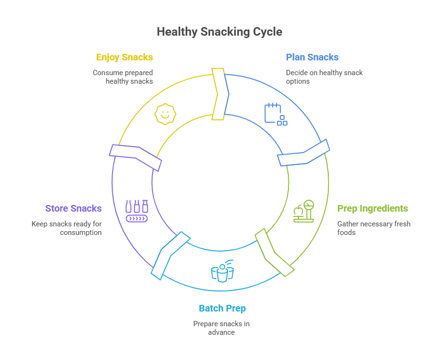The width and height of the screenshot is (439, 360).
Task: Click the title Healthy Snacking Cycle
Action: (219, 32)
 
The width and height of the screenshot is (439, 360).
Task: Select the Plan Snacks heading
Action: (312, 57)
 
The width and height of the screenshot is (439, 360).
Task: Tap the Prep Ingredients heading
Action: (372, 209)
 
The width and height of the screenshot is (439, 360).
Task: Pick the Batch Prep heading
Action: (222, 309)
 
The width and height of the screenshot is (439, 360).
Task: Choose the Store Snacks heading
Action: (73, 209)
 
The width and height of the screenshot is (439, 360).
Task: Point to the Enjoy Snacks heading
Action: (124, 57)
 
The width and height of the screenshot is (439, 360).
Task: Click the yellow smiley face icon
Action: (165, 114)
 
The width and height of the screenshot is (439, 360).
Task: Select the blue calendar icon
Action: (275, 114)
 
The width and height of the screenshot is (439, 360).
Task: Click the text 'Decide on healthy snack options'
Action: (324, 77)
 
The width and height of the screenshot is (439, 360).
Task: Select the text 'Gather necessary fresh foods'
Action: (373, 228)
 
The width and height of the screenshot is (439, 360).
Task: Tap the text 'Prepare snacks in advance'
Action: (221, 328)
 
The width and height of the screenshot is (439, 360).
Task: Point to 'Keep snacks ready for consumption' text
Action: (67, 228)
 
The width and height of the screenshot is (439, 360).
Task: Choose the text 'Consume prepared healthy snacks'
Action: (123, 77)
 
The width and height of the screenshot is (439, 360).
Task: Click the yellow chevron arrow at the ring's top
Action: (218, 94)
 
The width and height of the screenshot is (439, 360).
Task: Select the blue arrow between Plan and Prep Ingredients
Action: (303, 153)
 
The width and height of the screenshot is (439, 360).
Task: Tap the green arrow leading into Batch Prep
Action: (274, 253)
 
